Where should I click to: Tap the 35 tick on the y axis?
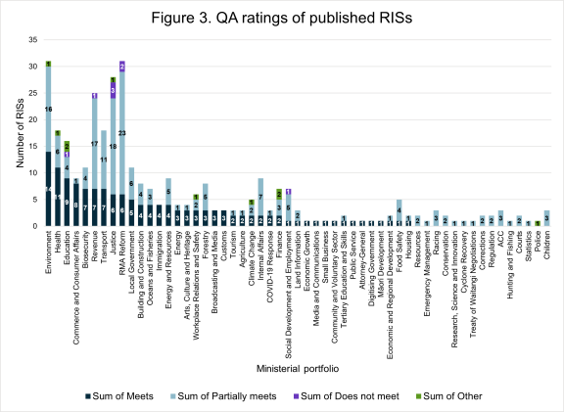click(34, 39)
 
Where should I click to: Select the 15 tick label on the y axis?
click(34, 146)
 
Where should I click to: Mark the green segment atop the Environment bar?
click(48, 64)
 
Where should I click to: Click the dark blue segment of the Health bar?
click(58, 197)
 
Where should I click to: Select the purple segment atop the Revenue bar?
click(94, 96)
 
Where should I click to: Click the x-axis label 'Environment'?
click(49, 253)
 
